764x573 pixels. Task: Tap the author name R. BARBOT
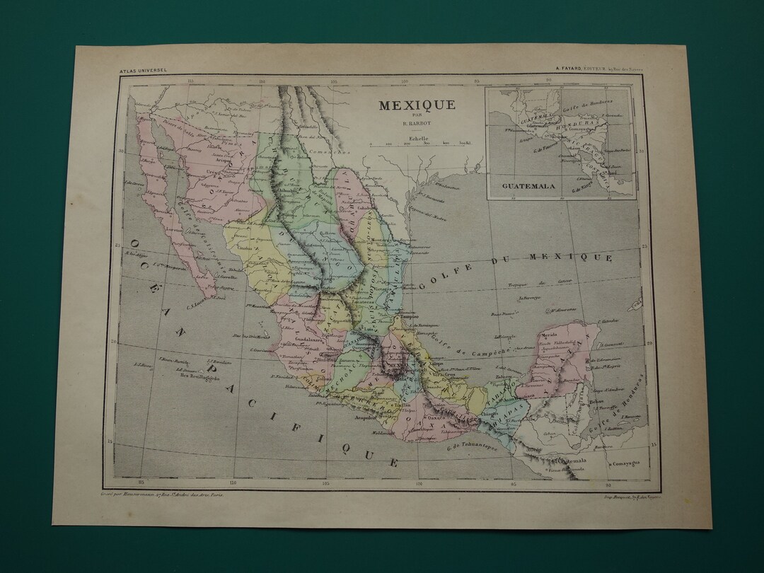[x=416, y=125]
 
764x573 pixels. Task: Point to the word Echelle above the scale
[x=417, y=139]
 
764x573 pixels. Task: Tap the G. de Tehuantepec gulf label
[x=472, y=447]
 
